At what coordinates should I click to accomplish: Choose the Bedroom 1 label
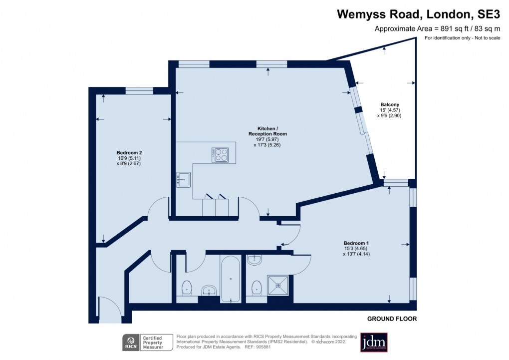[x=356, y=243]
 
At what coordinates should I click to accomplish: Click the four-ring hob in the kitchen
[x=220, y=155]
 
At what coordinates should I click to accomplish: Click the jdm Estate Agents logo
[x=374, y=343]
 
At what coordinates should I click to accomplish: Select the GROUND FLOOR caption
[x=392, y=319]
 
